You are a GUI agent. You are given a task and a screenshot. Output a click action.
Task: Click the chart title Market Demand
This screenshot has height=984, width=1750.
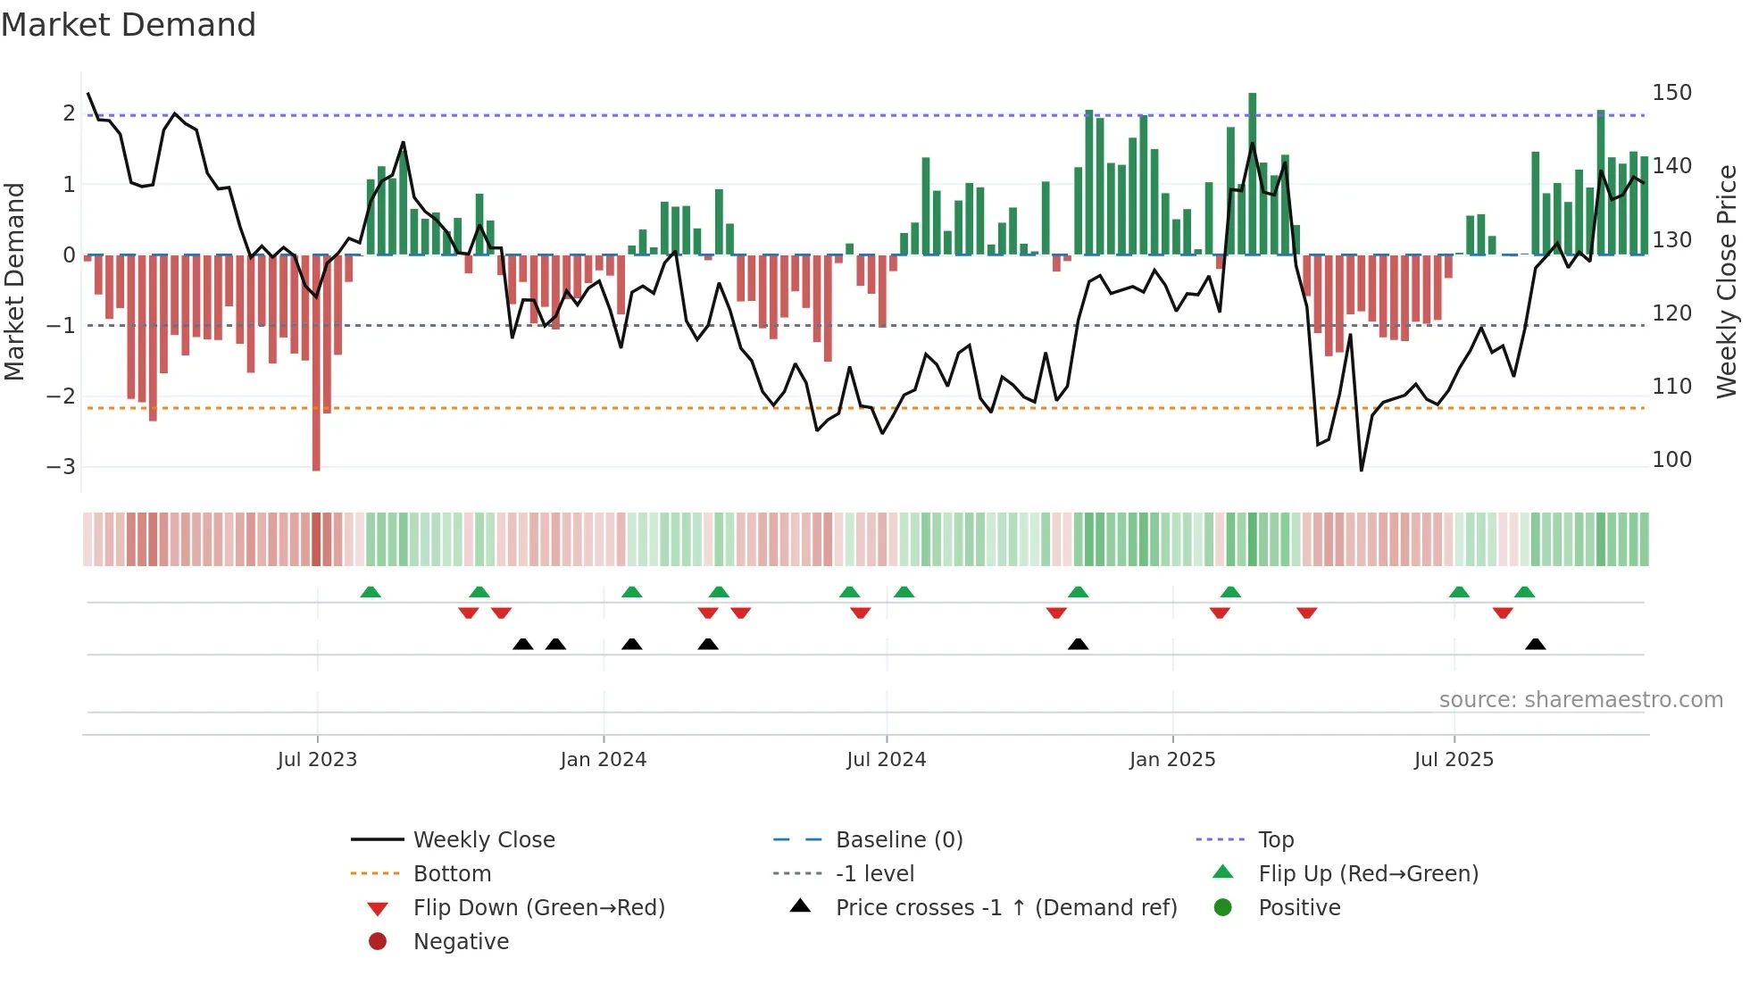[x=129, y=25]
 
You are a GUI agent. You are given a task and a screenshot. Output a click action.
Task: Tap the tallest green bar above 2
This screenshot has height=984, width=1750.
[x=1252, y=174]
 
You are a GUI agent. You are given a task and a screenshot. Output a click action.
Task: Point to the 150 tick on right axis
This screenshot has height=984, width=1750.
[x=1671, y=93]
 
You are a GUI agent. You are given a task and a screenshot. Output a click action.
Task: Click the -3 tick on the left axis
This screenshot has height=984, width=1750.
[x=61, y=467]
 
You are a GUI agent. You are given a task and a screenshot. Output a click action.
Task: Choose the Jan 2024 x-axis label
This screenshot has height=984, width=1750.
[x=603, y=760]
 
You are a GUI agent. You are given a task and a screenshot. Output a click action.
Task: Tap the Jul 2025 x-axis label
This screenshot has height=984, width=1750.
[x=1453, y=760]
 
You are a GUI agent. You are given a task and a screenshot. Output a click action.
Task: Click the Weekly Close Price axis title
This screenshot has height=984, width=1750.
[x=1727, y=281]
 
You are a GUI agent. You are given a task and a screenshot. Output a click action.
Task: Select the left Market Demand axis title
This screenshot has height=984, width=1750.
[x=14, y=281]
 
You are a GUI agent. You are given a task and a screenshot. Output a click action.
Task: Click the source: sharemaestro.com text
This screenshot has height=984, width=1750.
[x=1580, y=700]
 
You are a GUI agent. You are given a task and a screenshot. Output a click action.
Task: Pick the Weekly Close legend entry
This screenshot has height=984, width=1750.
[x=483, y=840]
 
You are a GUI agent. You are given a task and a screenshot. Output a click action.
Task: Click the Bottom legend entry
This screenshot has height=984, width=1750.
[x=452, y=874]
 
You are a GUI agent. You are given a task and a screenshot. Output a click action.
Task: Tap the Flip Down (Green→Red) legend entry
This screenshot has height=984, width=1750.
[x=538, y=908]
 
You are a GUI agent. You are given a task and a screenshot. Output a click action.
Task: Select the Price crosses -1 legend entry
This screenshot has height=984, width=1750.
[x=1005, y=908]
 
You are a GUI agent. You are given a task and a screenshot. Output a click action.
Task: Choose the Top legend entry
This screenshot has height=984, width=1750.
[x=1275, y=840]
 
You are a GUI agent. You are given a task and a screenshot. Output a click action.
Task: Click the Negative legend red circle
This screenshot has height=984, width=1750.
[x=378, y=942]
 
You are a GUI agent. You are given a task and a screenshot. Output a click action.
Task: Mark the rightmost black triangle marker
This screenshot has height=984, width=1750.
[x=1535, y=645]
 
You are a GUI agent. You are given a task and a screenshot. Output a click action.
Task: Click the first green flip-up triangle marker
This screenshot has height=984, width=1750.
[x=371, y=592]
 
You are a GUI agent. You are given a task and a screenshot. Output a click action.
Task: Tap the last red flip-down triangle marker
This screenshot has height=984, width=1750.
[x=1503, y=613]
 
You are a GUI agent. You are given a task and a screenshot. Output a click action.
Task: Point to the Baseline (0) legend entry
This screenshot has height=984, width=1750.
[x=898, y=840]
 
